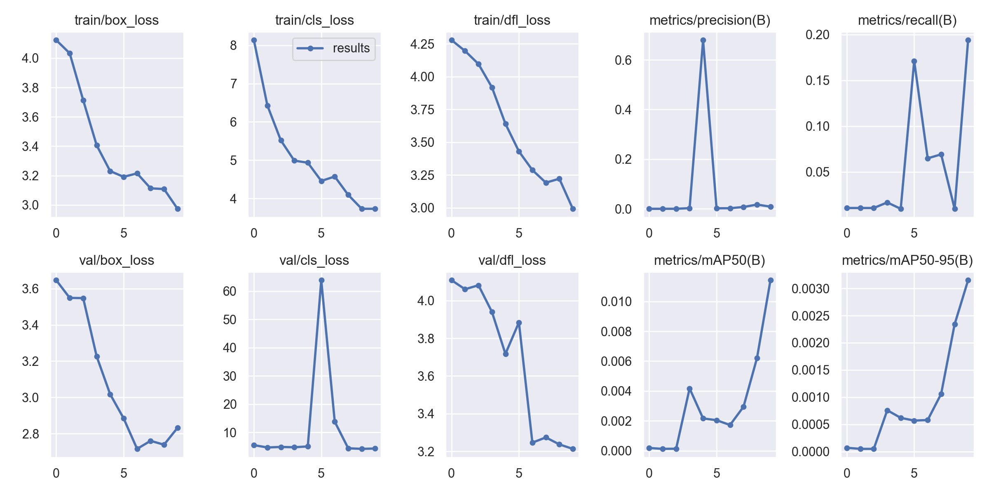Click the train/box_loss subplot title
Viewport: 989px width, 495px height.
click(x=117, y=20)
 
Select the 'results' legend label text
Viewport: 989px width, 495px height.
click(x=351, y=48)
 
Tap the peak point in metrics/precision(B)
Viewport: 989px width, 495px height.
click(x=703, y=40)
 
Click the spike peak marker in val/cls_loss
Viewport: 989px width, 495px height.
click(x=321, y=280)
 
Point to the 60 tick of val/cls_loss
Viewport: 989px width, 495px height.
click(x=230, y=292)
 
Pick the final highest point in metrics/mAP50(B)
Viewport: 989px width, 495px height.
click(x=771, y=280)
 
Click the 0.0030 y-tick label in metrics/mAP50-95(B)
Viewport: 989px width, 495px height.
click(x=810, y=289)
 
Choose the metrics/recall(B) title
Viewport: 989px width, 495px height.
click(x=907, y=20)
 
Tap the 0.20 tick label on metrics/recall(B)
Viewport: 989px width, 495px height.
click(x=818, y=35)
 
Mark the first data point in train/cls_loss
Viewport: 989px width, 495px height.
click(x=254, y=40)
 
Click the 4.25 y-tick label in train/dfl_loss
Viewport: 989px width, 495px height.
click(x=422, y=44)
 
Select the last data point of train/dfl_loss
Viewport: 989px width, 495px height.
click(x=573, y=209)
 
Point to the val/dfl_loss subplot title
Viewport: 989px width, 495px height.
click(x=512, y=260)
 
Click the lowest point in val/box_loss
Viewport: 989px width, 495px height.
click(x=137, y=449)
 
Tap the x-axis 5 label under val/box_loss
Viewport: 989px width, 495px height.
click(x=124, y=473)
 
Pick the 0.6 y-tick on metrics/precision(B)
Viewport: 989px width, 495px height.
click(x=623, y=61)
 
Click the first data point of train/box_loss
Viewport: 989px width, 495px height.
click(x=56, y=40)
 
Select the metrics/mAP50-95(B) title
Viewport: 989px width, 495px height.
click(x=907, y=260)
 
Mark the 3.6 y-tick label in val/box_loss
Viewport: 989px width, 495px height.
click(x=30, y=289)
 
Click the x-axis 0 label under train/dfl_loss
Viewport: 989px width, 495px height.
click(x=451, y=233)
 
